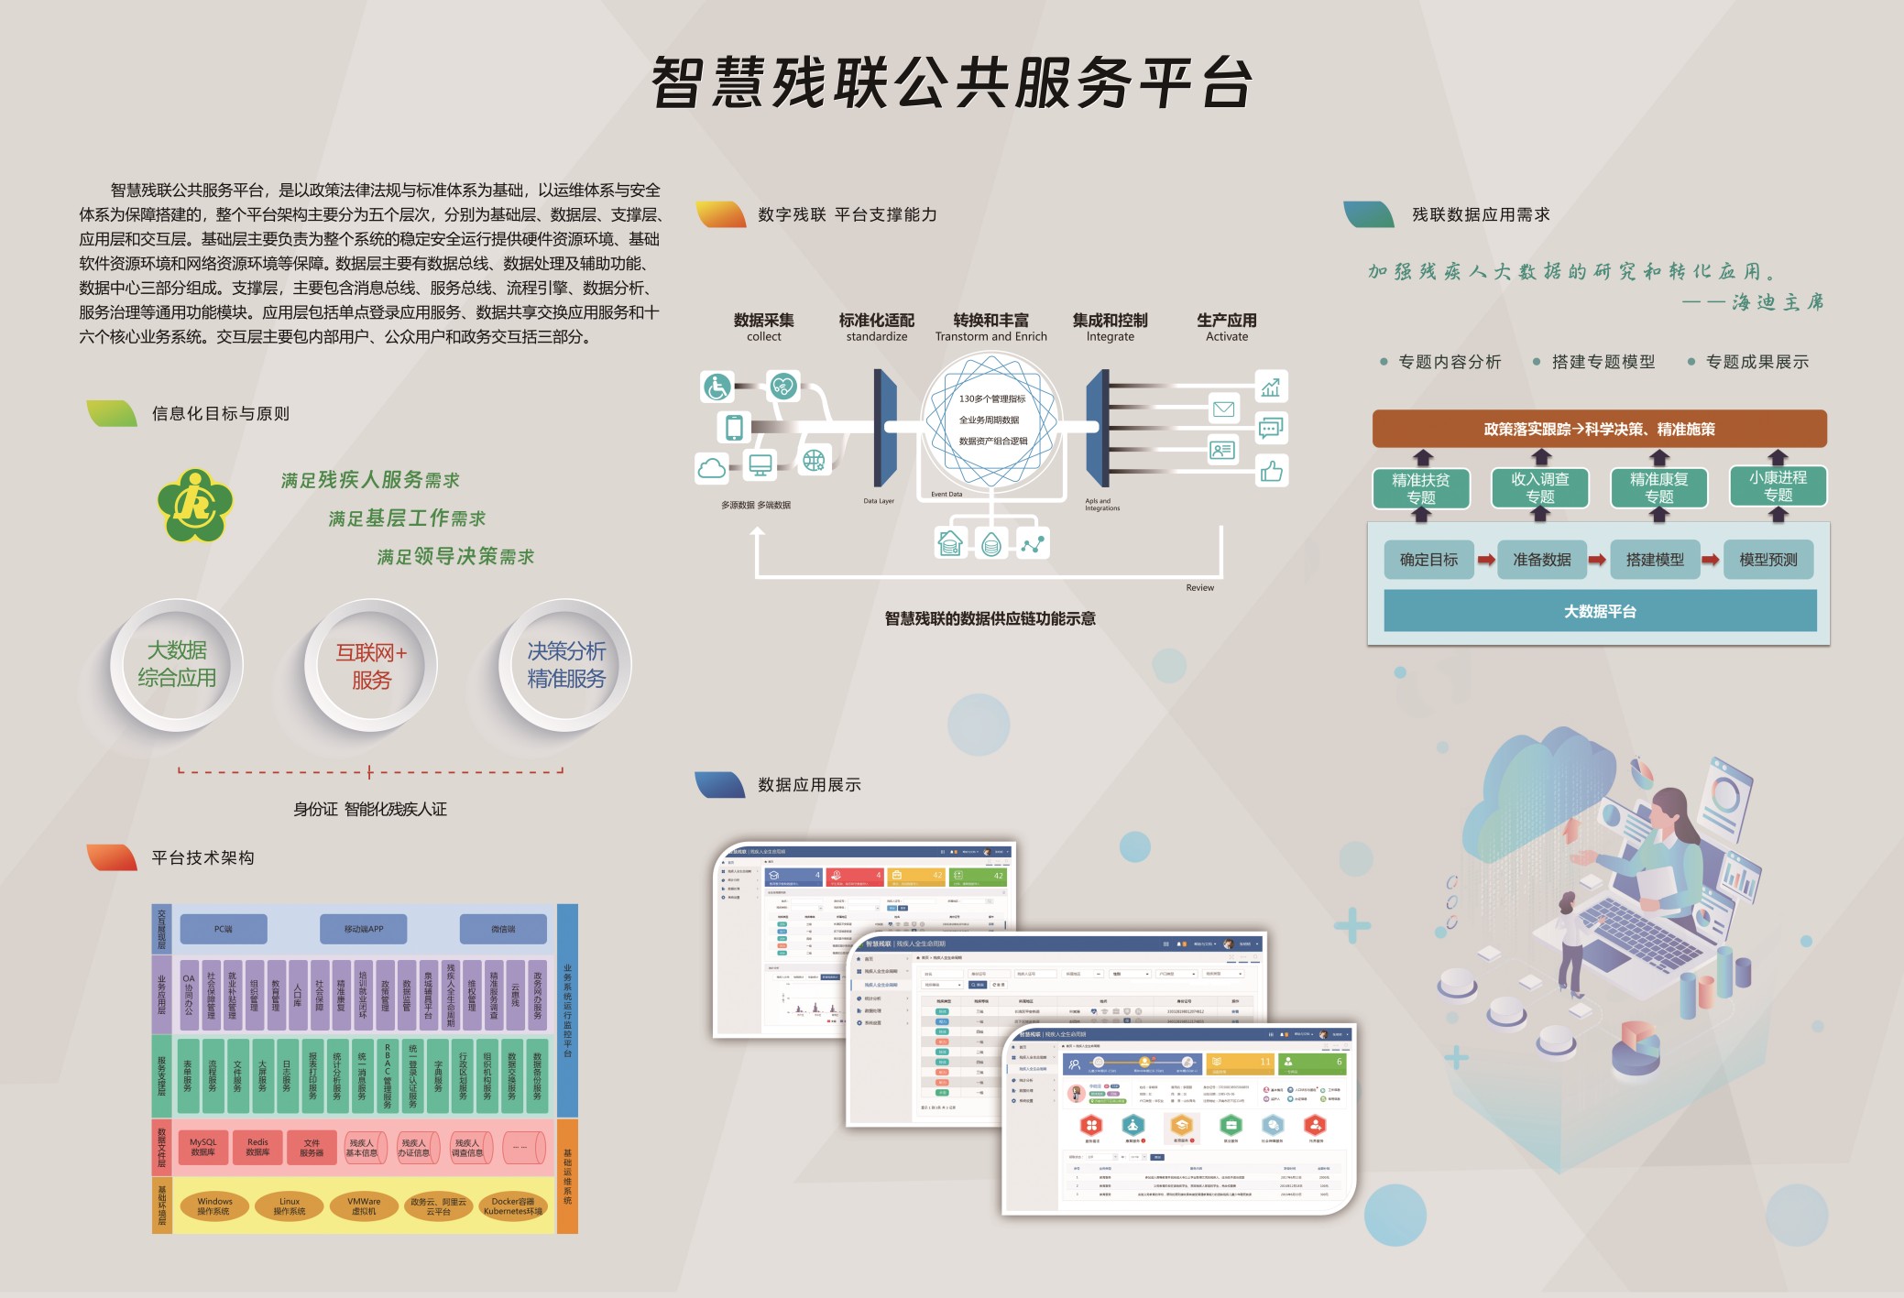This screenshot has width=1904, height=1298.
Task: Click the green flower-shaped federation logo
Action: [194, 505]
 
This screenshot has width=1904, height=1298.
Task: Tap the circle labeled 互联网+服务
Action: [370, 666]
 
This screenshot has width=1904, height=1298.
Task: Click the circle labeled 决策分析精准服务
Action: [565, 665]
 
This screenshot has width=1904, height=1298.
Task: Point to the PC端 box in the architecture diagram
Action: [223, 929]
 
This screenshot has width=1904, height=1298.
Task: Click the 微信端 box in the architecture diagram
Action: [503, 929]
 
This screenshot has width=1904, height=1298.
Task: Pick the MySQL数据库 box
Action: [202, 1148]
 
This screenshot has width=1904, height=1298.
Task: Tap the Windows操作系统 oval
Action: [214, 1205]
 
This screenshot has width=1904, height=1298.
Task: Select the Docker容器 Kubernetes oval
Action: [512, 1205]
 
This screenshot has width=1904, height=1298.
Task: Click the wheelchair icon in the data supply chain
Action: [717, 387]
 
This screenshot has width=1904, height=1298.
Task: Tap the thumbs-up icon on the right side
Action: [1271, 472]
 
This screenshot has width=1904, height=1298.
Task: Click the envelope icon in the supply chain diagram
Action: [1223, 409]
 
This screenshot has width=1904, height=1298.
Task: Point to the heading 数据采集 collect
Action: [763, 327]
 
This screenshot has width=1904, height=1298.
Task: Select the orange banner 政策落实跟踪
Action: [1599, 429]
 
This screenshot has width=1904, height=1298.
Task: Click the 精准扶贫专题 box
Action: [1420, 488]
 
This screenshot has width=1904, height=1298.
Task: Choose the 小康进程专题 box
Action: [1778, 486]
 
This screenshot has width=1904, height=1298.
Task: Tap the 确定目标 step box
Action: [1428, 560]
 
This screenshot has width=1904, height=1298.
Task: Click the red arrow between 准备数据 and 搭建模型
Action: [1597, 560]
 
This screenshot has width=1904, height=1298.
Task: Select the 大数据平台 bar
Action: [1600, 611]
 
